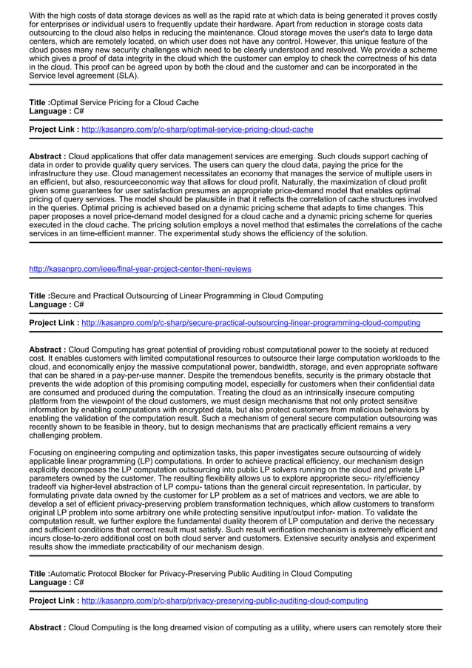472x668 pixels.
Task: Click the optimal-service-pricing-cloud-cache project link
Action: (197, 130)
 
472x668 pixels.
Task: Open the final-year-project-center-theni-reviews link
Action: (140, 269)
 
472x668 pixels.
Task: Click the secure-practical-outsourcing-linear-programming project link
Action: (250, 323)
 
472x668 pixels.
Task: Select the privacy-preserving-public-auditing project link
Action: (224, 601)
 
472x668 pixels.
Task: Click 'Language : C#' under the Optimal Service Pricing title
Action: (56, 111)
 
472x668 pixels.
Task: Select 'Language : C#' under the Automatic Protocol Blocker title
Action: (56, 583)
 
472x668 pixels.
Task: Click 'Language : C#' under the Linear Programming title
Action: (56, 304)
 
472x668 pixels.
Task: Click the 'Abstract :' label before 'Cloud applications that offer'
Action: (47, 157)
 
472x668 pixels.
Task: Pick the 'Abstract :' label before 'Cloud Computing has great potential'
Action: (47, 350)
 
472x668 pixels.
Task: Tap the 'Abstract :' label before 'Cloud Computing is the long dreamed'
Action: (47, 628)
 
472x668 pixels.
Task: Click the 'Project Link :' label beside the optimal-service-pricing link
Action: (54, 130)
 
